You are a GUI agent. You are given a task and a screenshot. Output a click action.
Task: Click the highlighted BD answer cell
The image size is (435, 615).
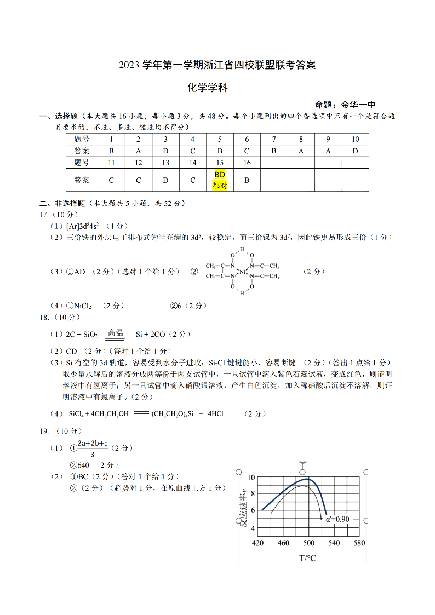pyautogui.click(x=220, y=180)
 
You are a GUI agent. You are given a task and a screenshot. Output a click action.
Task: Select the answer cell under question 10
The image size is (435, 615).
pyautogui.click(x=355, y=151)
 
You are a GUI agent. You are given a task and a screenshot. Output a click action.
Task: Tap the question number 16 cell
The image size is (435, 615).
pyautogui.click(x=247, y=163)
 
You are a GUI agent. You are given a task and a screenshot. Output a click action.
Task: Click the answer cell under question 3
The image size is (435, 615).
pyautogui.click(x=165, y=151)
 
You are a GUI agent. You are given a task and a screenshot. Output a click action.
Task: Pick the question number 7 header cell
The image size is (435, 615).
pyautogui.click(x=274, y=139)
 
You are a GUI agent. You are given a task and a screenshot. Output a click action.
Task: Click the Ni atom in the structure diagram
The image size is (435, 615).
pyautogui.click(x=243, y=271)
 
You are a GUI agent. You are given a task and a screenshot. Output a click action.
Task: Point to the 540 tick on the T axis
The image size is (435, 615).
pyautogui.click(x=334, y=543)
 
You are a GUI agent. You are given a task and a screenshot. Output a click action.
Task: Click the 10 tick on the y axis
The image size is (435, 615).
pyautogui.click(x=251, y=478)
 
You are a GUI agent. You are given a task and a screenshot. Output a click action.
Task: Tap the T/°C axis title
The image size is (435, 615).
pyautogui.click(x=307, y=558)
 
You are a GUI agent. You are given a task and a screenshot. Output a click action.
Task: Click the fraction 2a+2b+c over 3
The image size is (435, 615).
pyautogui.click(x=92, y=449)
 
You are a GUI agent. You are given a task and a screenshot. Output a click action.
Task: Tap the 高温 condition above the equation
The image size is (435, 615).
pyautogui.click(x=116, y=332)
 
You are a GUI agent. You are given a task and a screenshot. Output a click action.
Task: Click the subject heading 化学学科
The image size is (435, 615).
pyautogui.click(x=207, y=87)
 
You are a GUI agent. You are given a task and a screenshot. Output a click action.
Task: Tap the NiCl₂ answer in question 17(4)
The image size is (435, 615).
pyautogui.click(x=82, y=306)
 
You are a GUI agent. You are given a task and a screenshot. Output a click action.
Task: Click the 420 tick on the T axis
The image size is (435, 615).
pyautogui.click(x=258, y=543)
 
